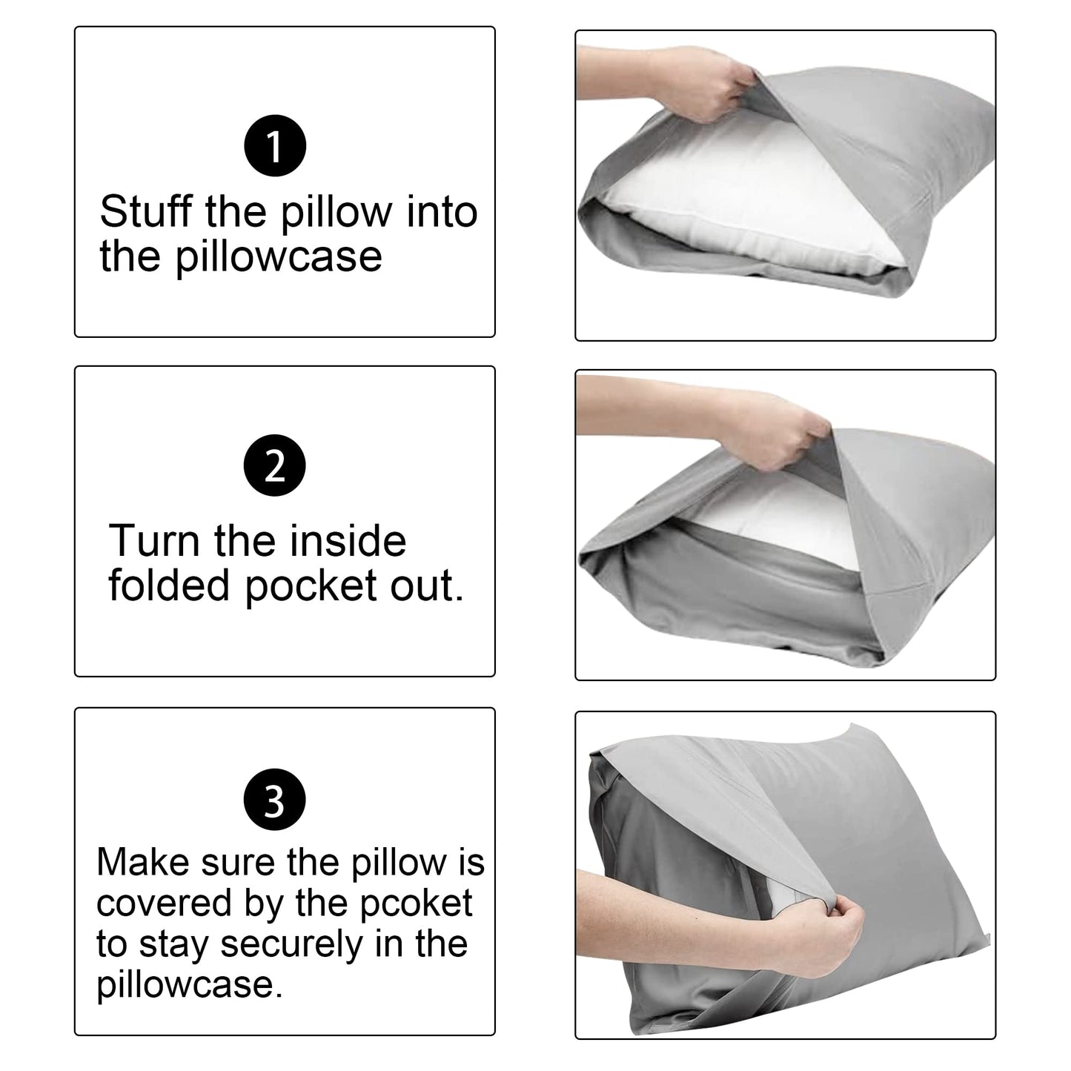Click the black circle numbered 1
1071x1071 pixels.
click(x=275, y=146)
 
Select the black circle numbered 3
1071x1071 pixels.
click(x=274, y=800)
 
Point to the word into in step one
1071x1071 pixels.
click(x=442, y=212)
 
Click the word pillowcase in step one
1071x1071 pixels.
click(x=279, y=256)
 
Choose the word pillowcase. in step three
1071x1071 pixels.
click(x=190, y=984)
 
